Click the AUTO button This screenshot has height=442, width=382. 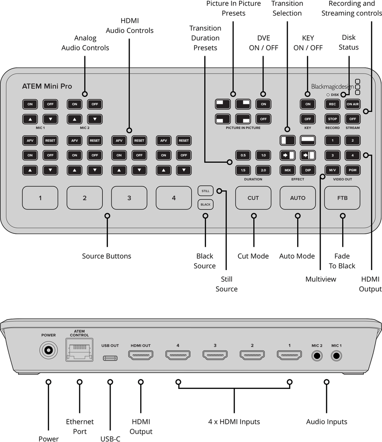click(298, 198)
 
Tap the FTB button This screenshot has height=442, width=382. click(342, 198)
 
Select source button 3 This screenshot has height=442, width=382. click(129, 198)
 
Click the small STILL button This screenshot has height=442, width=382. click(205, 191)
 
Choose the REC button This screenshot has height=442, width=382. click(332, 104)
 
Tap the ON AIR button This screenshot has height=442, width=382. click(352, 104)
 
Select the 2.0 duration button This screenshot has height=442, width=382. click(264, 170)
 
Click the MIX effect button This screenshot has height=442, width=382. click(287, 170)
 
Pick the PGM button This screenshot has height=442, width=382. click(352, 170)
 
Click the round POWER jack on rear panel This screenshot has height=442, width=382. click(49, 351)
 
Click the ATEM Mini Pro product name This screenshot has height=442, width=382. click(47, 86)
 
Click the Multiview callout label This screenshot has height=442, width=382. click(321, 279)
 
